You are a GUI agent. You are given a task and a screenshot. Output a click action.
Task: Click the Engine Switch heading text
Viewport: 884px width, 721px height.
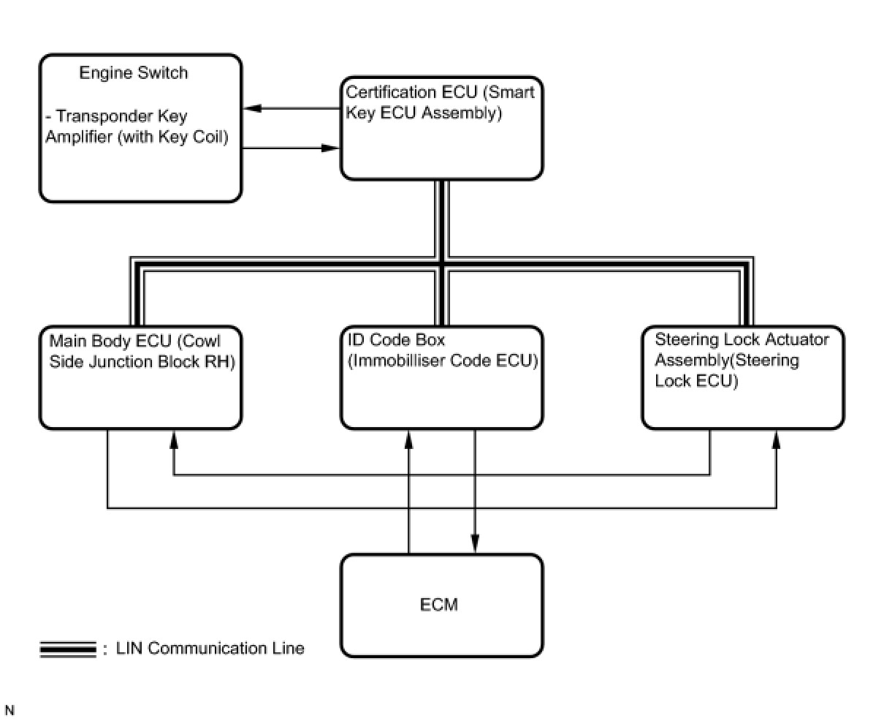pos(133,73)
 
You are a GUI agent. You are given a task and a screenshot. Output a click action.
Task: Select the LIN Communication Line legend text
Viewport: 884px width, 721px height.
pos(210,648)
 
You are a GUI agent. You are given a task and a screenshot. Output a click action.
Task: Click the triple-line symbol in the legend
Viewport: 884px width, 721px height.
pos(68,649)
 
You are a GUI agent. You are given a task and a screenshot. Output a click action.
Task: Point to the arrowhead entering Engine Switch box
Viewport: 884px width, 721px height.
pos(251,108)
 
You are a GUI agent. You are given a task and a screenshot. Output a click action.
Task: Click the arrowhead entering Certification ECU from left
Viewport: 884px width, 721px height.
pos(330,148)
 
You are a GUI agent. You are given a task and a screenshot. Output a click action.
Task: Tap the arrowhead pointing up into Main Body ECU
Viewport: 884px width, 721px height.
pos(174,439)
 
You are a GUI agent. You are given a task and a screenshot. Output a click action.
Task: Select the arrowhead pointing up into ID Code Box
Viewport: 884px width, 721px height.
pos(409,439)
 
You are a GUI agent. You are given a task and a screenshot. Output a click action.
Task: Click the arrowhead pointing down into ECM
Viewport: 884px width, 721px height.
pos(475,543)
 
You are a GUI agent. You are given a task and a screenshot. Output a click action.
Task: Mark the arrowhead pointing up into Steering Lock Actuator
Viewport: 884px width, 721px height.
pos(776,439)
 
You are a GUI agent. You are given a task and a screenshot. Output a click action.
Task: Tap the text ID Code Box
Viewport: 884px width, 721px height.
pos(396,340)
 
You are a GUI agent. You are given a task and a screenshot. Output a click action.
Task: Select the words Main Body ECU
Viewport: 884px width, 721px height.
pos(110,341)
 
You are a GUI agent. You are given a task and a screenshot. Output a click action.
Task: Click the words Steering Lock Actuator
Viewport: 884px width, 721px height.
pos(742,340)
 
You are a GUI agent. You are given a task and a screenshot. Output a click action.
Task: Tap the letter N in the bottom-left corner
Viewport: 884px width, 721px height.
pos(9,710)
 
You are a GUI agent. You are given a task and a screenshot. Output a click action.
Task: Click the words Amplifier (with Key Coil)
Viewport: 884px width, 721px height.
pos(137,137)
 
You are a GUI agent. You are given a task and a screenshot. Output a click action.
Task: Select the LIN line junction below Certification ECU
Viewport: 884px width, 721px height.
pos(442,264)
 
